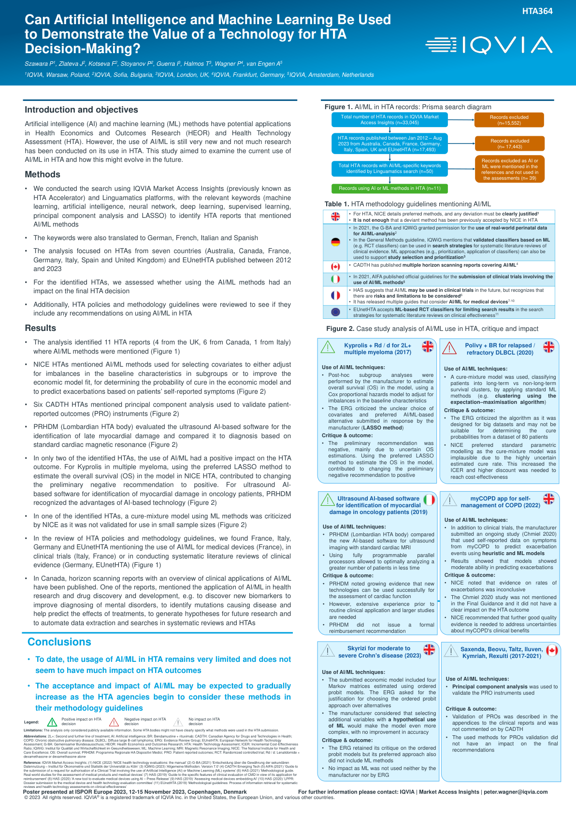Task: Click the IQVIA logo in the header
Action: [489, 45]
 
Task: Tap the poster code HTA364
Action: [537, 11]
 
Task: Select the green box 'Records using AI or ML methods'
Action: [389, 188]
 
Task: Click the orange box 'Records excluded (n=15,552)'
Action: [509, 120]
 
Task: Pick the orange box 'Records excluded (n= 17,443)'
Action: [510, 143]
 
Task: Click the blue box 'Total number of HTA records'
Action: [389, 119]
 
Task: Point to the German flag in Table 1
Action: [335, 242]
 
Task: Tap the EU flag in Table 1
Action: [335, 312]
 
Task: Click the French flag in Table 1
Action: [335, 295]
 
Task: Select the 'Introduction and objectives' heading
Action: [81, 110]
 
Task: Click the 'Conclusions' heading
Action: [59, 642]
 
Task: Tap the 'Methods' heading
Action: [43, 174]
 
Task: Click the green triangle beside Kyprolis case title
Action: [328, 347]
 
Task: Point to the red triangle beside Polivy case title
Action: [449, 348]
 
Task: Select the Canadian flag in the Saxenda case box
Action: [552, 650]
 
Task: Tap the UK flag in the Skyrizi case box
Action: [429, 649]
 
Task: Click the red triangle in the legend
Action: [114, 722]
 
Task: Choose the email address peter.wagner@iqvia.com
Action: [516, 792]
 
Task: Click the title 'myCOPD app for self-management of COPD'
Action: [500, 501]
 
